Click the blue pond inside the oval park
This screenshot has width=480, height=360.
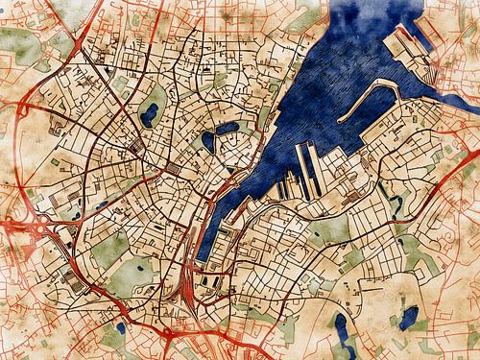pyautogui.click(x=149, y=116)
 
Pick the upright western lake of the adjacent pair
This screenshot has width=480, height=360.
pyautogui.click(x=208, y=144)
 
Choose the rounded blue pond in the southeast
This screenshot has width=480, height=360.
pyautogui.click(x=408, y=316)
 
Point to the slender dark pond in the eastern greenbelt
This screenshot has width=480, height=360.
pyautogui.click(x=396, y=203)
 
